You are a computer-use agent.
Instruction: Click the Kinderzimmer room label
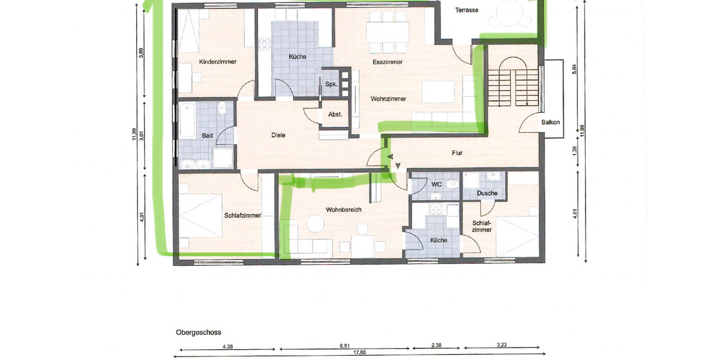tap(217, 62)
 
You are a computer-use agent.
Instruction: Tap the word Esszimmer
tap(387, 62)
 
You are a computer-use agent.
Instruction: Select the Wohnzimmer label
tap(389, 98)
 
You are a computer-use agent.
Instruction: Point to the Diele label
tap(278, 135)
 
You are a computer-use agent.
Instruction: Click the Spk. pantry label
tap(331, 85)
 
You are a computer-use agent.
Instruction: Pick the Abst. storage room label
tap(335, 114)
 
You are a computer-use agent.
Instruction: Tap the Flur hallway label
tap(457, 153)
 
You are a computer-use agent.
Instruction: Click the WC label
tap(436, 184)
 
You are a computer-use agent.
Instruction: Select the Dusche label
tap(487, 193)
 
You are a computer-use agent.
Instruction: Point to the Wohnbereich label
tap(343, 210)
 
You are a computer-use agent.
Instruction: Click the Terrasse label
tap(466, 10)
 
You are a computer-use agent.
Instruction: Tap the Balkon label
tap(550, 122)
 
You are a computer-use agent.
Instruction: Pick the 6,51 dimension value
tap(344, 346)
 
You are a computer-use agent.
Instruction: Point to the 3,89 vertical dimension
tap(141, 52)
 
